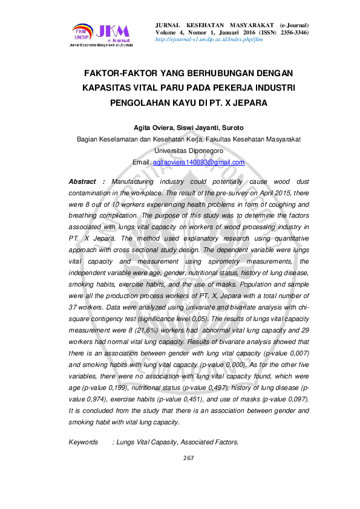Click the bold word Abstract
coord(83,181)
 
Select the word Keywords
coord(83,443)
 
